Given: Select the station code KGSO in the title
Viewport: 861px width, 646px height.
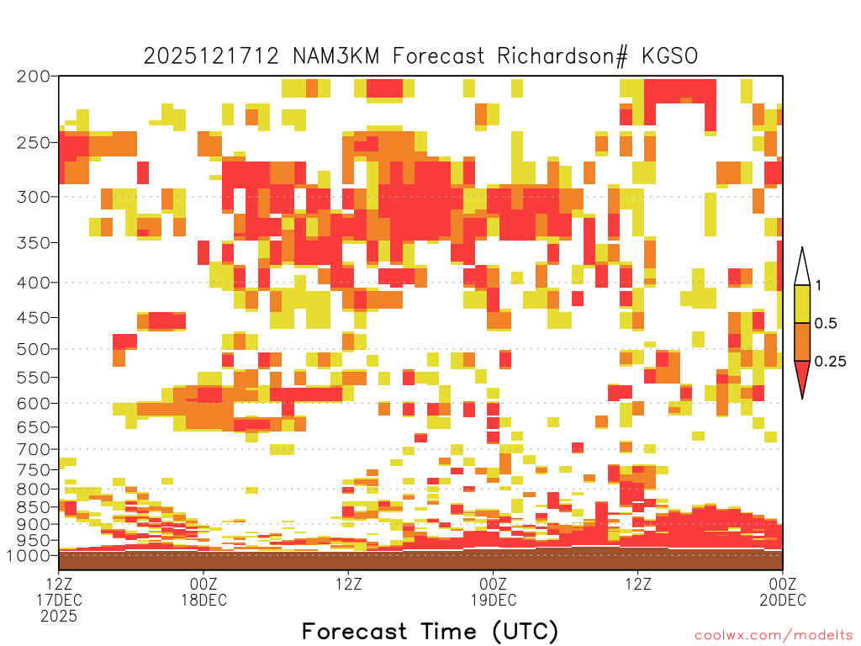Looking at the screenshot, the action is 669,56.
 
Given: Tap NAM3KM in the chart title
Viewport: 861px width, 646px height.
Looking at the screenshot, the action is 335,56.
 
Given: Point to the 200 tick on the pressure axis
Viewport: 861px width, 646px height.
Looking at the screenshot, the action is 34,77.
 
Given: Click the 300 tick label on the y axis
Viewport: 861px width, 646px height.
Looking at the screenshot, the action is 34,196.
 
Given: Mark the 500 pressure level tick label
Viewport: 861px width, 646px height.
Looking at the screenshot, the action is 34,349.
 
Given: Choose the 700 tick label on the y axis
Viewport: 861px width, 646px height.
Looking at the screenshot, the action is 34,449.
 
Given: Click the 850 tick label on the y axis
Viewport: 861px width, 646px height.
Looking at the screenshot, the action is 34,507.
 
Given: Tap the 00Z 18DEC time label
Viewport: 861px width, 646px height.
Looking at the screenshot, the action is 203,591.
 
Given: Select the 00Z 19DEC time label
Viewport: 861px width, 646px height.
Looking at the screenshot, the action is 493,591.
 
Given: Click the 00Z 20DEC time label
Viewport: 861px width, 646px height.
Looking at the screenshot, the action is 783,591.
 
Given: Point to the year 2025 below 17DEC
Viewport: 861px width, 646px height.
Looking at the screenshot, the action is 59,616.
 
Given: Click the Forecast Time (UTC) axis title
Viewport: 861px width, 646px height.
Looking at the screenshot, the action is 430,632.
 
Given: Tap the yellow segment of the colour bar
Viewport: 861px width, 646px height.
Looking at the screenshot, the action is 802,304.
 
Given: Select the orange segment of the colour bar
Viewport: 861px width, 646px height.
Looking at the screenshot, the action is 802,342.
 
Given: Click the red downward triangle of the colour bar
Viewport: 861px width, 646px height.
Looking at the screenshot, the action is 802,377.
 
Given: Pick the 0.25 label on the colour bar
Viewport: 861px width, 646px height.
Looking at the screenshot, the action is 830,362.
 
